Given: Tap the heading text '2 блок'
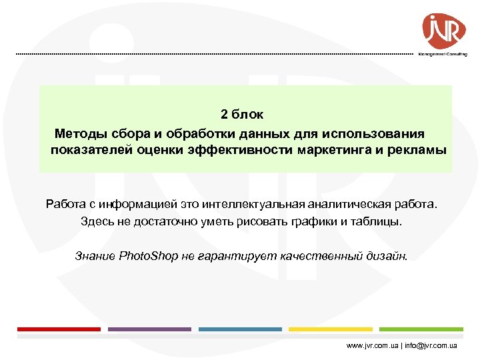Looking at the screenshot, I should (243, 115).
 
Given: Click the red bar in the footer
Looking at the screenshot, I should (59, 329).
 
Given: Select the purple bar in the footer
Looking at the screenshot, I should (149, 329).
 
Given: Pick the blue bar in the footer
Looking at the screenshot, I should (240, 329).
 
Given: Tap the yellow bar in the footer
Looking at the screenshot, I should (331, 329).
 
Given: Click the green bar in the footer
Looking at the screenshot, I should (421, 329).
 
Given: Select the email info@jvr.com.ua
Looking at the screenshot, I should (433, 346).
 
